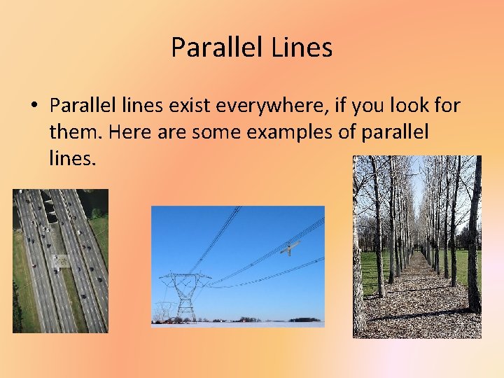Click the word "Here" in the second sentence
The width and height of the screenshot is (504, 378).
coord(126,132)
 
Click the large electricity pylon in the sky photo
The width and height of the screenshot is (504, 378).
coord(185,294)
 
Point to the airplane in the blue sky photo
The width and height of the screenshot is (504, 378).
coord(290,247)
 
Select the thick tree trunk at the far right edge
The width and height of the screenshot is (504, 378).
coord(474,238)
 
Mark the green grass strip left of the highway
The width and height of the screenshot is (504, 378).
coord(24,280)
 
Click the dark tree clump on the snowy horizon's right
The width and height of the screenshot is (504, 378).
coord(304,319)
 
